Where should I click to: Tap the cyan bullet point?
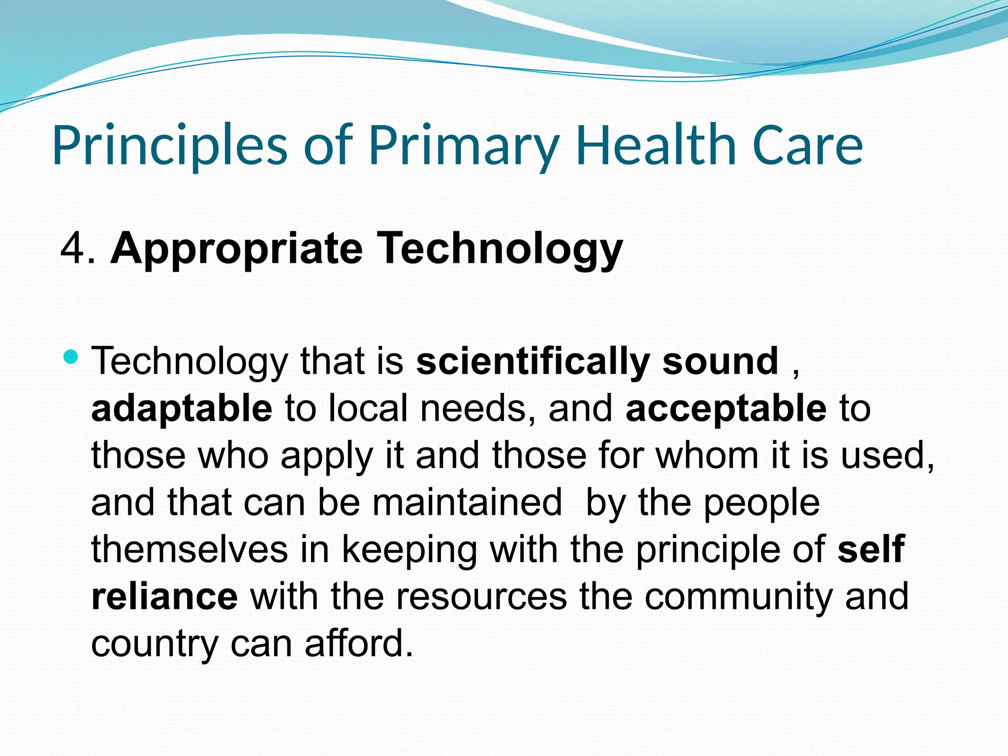[x=71, y=356]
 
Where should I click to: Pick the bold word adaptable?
[x=182, y=409]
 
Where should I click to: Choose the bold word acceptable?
[x=726, y=409]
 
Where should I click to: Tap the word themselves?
[x=189, y=549]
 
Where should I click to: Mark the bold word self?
[x=871, y=549]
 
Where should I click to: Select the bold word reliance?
[x=164, y=597]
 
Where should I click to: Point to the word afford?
[x=359, y=644]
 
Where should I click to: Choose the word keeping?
[x=409, y=550]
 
